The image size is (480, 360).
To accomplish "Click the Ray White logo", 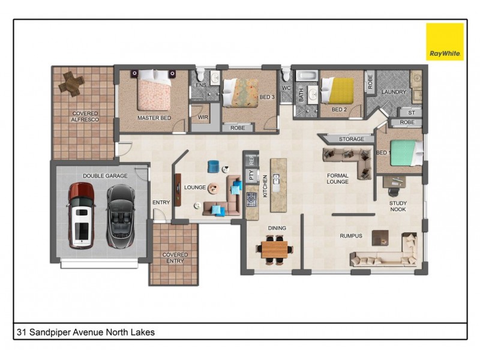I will (x=445, y=41).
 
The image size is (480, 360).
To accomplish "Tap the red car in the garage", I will (x=80, y=215).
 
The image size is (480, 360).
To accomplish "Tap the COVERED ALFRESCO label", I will (x=85, y=116).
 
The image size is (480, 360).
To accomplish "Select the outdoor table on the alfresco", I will (x=72, y=83).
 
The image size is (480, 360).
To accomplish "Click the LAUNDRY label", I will (x=395, y=92).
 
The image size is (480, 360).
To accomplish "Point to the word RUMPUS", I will (x=351, y=236).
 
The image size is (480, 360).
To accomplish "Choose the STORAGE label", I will (x=351, y=139).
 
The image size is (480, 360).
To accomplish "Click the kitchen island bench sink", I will (x=276, y=179).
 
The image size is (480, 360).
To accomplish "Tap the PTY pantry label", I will (x=251, y=176).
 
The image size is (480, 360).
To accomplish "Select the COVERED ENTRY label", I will (x=175, y=258).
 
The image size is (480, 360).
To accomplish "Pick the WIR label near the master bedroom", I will (x=203, y=118).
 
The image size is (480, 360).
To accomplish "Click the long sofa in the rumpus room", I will (x=384, y=257).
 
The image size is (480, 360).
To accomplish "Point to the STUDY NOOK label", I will (x=398, y=206).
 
